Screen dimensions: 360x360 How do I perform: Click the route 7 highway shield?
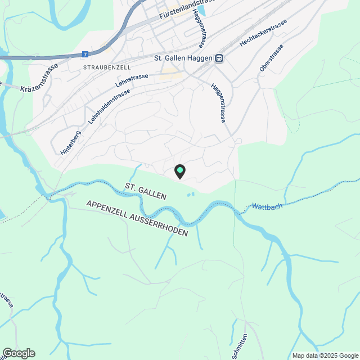pos(85,55)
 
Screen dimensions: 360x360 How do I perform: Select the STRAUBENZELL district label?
pos(106,67)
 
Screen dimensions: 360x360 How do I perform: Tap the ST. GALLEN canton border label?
pos(146,191)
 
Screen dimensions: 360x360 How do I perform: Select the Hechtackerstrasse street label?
pos(263,34)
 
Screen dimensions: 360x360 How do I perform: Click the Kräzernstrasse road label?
pos(39,85)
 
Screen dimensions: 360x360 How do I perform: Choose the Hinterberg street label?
pos(70,143)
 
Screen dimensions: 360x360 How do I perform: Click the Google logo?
pos(18,353)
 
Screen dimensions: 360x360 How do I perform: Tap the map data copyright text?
pos(325,355)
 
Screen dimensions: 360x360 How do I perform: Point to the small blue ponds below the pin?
pos(191,195)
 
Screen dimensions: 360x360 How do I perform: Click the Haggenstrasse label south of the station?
pos(218,103)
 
